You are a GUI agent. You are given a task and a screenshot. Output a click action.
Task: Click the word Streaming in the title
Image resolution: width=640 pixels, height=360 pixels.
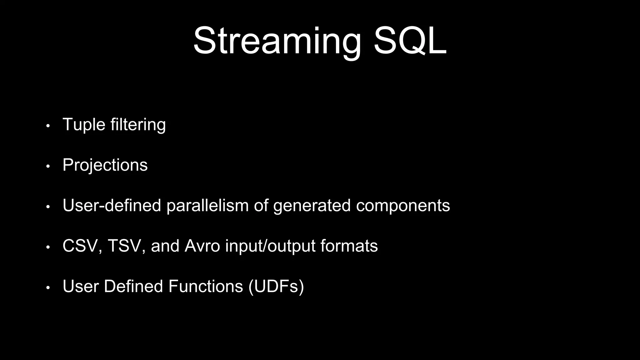tap(277, 41)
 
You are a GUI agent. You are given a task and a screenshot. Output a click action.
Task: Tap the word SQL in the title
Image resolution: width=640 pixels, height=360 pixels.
tap(410, 41)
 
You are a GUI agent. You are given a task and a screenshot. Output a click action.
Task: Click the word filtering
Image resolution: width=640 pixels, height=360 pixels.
tap(138, 125)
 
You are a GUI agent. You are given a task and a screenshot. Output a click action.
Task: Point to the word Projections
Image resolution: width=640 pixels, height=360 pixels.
tap(105, 165)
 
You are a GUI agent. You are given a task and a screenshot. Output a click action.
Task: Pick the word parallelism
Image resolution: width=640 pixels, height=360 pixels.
tap(207, 206)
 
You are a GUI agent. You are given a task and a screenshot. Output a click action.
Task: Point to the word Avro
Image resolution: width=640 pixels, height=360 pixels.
tap(202, 246)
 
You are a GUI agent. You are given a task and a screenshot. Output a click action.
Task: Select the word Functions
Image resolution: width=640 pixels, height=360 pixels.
tap(205, 286)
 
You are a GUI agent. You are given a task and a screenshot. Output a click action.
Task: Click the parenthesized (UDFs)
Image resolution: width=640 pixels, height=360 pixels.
tap(276, 287)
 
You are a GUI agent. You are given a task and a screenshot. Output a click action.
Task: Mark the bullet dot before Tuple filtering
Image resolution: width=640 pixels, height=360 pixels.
tap(48, 126)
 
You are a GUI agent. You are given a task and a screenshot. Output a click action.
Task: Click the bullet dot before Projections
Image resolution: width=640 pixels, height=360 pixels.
tap(48, 167)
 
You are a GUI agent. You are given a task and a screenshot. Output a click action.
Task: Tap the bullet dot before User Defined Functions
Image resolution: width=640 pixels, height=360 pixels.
tap(48, 288)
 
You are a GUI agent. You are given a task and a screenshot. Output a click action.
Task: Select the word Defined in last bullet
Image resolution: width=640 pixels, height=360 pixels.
tap(133, 286)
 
